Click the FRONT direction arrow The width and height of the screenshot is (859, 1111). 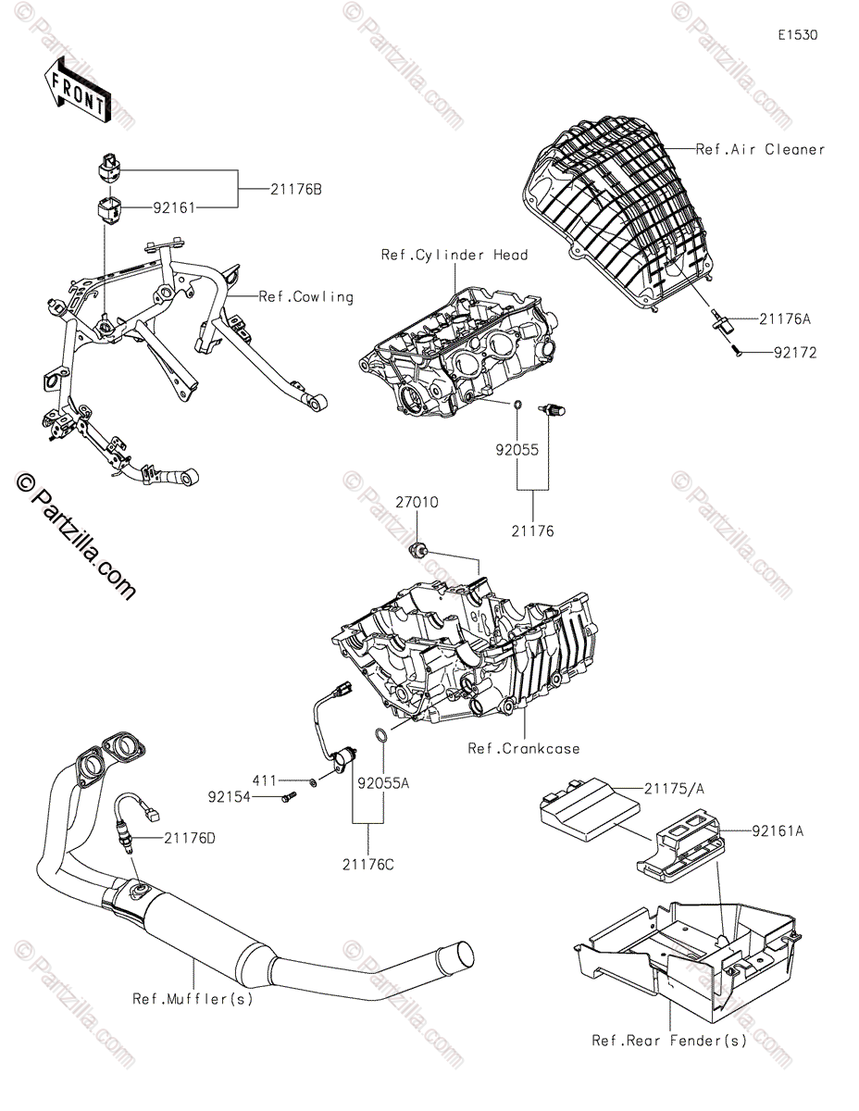click(78, 88)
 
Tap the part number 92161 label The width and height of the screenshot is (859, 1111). click(173, 209)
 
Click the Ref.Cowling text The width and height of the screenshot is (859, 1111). click(305, 297)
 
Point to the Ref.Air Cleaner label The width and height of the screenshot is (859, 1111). click(759, 149)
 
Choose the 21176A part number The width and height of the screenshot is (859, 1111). click(784, 319)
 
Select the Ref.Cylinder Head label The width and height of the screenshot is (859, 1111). click(454, 256)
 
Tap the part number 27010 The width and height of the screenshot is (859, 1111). click(417, 503)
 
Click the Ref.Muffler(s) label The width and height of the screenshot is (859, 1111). click(192, 999)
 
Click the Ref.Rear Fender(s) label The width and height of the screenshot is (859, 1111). click(668, 1041)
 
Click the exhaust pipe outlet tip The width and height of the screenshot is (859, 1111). click(456, 957)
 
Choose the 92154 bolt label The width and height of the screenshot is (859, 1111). click(230, 794)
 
